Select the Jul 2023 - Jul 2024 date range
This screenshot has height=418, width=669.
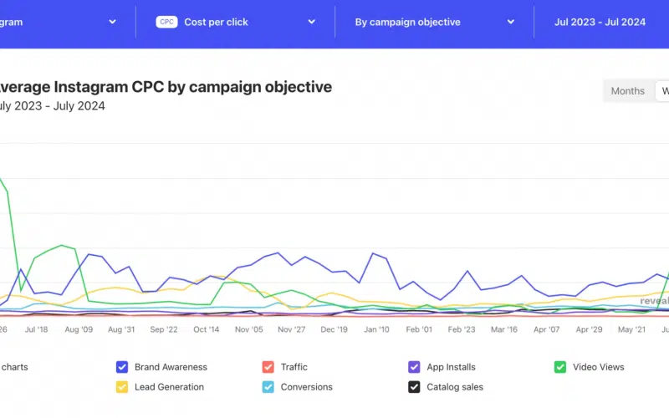(x=600, y=22)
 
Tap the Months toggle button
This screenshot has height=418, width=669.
(x=627, y=90)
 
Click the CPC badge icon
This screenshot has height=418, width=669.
(x=167, y=22)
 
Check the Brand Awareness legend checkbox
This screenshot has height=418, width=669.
(x=122, y=367)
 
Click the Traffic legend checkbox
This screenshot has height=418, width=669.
(x=268, y=367)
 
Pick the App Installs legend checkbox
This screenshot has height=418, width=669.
(x=413, y=367)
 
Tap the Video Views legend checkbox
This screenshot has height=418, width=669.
(x=559, y=367)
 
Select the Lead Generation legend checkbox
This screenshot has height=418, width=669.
(x=122, y=387)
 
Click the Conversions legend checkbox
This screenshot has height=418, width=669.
(x=268, y=387)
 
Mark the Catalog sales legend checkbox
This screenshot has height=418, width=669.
(x=413, y=387)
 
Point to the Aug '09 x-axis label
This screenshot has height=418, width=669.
(x=78, y=329)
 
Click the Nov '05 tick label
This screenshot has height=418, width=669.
(x=249, y=329)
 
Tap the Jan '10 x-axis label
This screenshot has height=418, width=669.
(x=376, y=329)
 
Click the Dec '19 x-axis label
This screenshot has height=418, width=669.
(x=334, y=329)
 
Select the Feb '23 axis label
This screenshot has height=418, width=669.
(x=462, y=329)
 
